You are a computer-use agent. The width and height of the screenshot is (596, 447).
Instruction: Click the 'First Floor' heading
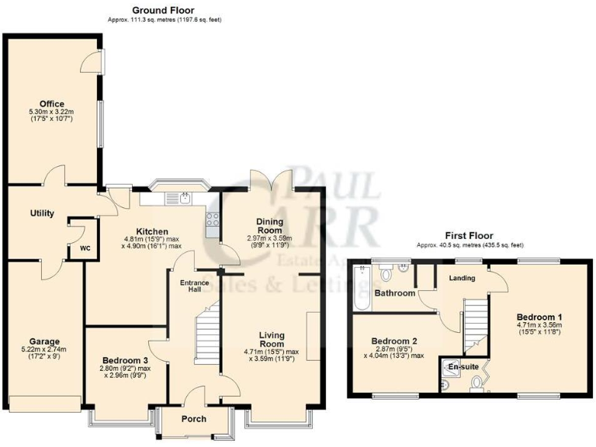469,236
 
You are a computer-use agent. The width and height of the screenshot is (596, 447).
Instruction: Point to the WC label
85,250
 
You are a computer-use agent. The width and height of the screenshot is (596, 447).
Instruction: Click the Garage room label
44,341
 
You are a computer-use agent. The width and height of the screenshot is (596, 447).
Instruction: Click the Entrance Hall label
191,286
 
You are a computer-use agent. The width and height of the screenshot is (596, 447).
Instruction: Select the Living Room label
272,340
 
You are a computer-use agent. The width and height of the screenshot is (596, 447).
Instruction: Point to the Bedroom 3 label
124,360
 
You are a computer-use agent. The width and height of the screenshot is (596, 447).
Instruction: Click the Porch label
193,419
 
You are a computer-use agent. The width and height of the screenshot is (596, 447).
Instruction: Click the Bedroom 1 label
539,317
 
